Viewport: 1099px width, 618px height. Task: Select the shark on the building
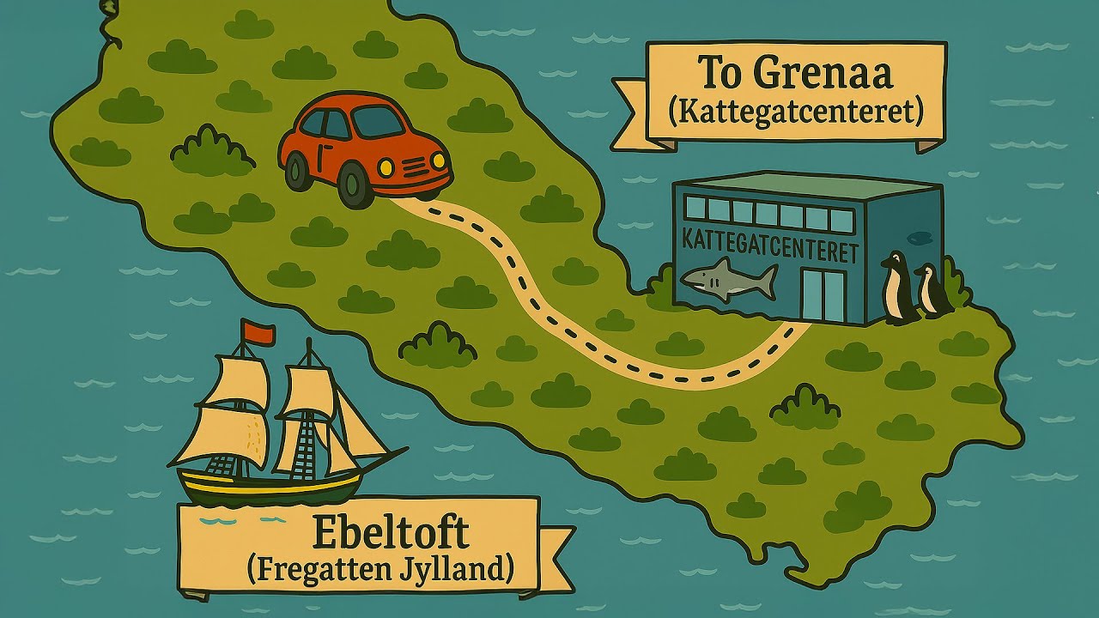coord(729,280)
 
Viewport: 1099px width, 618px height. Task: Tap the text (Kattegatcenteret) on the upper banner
coord(794,112)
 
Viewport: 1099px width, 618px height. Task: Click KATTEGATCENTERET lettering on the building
coord(769,245)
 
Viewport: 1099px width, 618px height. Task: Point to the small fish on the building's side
coord(917,233)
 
